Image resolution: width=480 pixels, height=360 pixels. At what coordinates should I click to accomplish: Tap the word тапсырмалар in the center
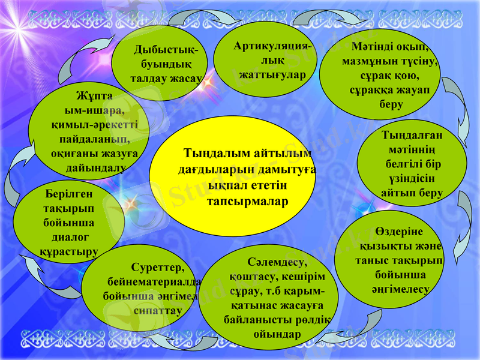coord(247,201)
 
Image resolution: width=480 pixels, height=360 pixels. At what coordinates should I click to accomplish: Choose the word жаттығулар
coord(272,75)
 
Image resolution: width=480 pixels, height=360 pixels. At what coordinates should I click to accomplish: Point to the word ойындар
coord(277,334)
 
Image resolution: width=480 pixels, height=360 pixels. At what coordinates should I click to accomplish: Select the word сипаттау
coord(154,310)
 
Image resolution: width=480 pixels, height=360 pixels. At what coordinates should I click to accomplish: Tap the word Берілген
coord(68,194)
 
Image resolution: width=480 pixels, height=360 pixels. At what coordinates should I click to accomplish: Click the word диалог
coord(68,238)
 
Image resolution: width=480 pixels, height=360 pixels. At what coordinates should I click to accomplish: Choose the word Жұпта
coord(94,95)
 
